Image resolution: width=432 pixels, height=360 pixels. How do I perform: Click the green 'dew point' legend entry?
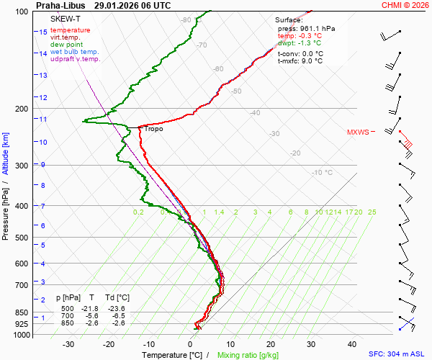pos(67,45)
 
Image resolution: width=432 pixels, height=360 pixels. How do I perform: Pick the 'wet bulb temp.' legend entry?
pos(75,52)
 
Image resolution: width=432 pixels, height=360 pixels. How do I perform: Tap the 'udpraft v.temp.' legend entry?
pos(75,59)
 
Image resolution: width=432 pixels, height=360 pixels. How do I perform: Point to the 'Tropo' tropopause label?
pos(154,129)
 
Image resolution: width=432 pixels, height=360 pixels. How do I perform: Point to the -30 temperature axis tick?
pos(68,345)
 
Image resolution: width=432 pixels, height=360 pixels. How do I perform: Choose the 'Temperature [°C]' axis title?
pos(172,355)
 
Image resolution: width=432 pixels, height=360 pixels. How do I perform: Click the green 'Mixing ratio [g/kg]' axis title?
pos(248,355)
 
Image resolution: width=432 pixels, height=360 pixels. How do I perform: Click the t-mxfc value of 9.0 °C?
pos(311,61)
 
